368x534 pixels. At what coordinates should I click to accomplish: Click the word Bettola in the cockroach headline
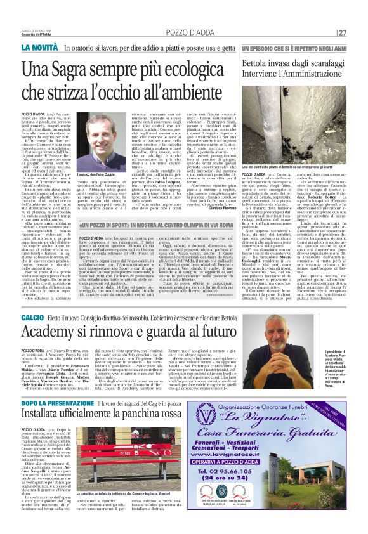coord(260,65)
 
